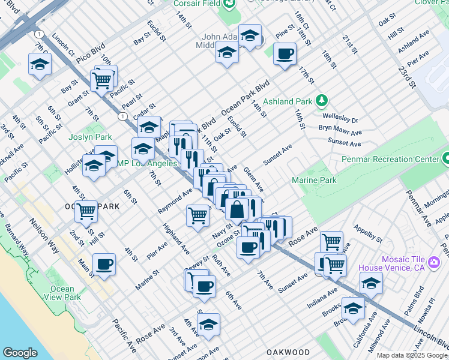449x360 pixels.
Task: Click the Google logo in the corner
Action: [x=20, y=353]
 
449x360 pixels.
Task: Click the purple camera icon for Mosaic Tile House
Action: [x=434, y=263]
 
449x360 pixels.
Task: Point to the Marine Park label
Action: [x=314, y=180]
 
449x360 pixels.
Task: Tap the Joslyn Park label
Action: [x=86, y=137]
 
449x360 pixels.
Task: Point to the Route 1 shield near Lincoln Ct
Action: [x=40, y=34]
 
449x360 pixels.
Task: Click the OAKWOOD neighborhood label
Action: [x=288, y=352]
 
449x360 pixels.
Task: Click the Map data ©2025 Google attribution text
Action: [x=412, y=355]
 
